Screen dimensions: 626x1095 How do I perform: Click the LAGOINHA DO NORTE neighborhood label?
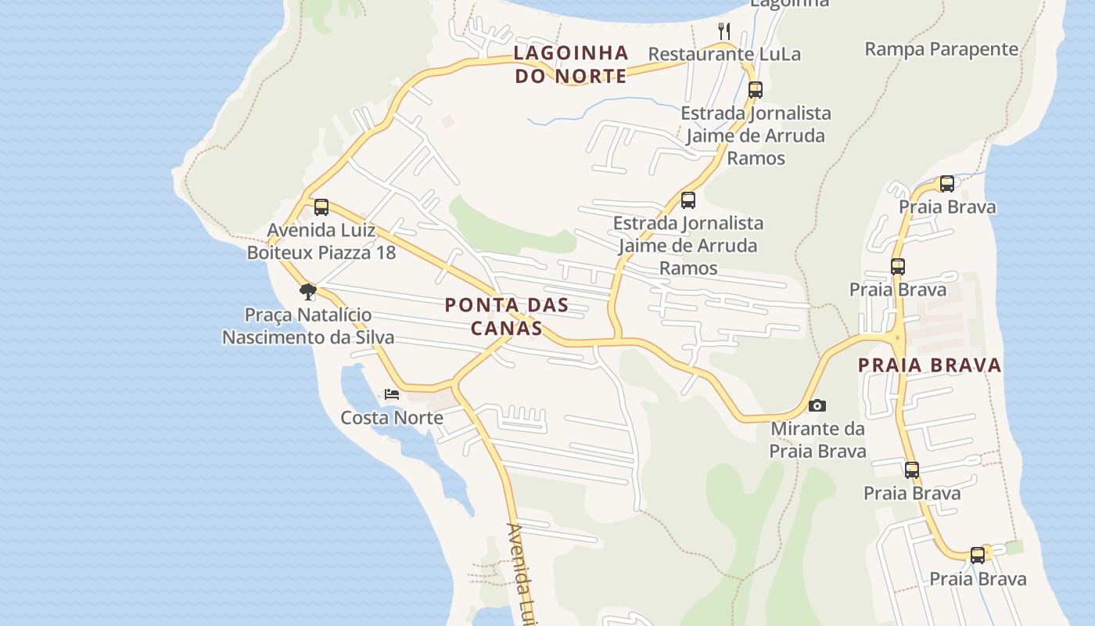coord(571,64)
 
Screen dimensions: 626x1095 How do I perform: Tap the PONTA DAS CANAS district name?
coord(506,316)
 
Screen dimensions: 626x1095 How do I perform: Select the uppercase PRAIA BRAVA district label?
coord(929,365)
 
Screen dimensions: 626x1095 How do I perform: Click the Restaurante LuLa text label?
coord(724,54)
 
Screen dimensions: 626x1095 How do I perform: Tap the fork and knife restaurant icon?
coord(724,31)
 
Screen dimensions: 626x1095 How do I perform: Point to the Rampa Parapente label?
coord(941,49)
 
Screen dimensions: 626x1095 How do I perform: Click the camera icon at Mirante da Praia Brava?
coord(817,405)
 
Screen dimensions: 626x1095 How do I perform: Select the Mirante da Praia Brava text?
coord(817,440)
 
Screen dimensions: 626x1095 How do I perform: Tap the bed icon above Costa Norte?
coord(392,394)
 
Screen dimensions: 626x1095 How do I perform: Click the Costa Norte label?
coord(392,418)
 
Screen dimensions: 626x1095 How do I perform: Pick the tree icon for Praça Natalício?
coord(308,292)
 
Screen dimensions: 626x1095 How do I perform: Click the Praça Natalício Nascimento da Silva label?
coord(308,326)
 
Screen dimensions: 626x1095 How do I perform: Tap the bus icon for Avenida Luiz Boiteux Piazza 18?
coord(321,207)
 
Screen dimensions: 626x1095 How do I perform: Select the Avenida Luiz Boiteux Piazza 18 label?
coord(321,242)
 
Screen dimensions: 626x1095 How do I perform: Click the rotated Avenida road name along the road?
coord(522,571)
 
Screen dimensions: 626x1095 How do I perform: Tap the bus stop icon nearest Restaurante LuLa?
coord(755,89)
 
